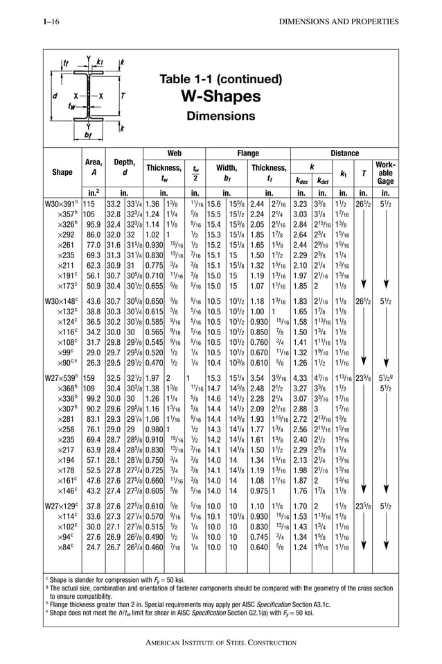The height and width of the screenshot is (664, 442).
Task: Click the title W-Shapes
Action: pyautogui.click(x=220, y=96)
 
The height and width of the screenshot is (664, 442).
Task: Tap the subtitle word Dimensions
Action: pyautogui.click(x=220, y=116)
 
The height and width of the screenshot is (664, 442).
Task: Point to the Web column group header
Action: pyautogui.click(x=175, y=153)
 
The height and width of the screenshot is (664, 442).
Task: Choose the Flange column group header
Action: pyautogui.click(x=248, y=153)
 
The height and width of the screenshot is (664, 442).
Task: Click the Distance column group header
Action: pyautogui.click(x=344, y=153)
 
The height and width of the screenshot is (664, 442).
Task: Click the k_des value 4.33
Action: pyautogui.click(x=300, y=379)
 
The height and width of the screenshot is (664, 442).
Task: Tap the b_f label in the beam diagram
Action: pyautogui.click(x=87, y=135)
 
